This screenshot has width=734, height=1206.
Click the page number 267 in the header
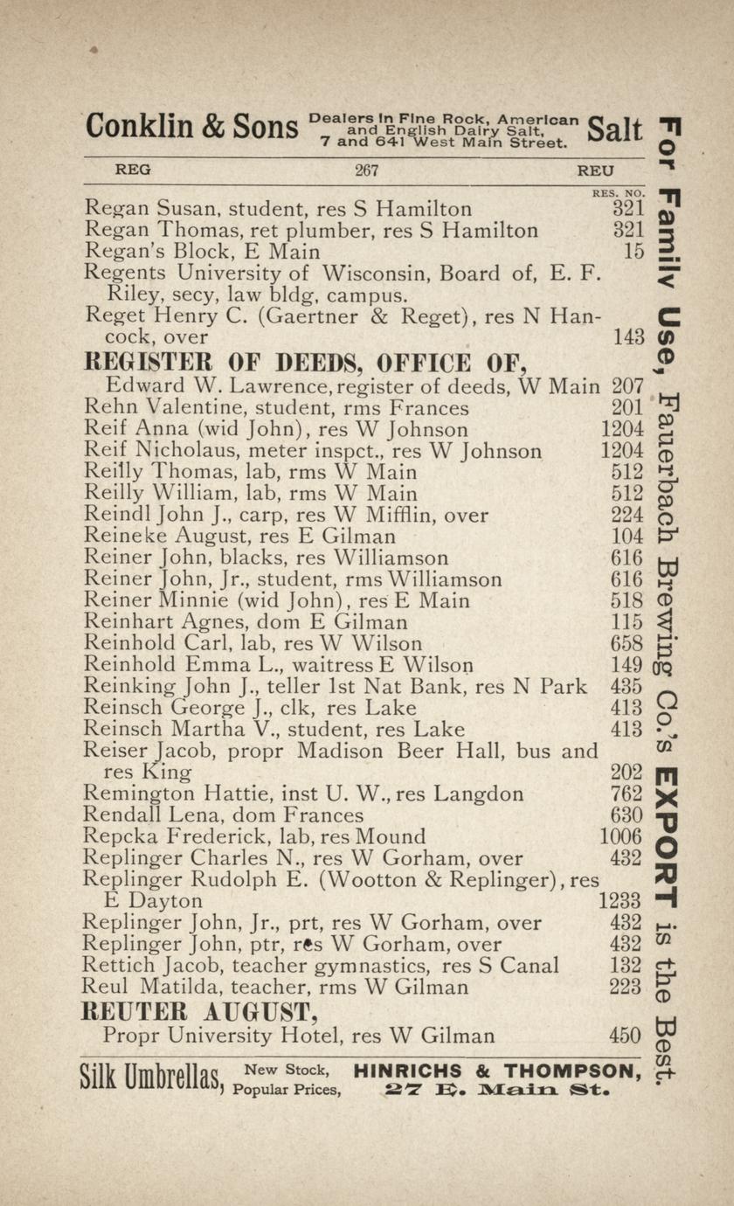click(366, 171)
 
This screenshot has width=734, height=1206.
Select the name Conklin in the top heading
click(140, 128)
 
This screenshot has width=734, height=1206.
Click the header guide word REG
click(133, 171)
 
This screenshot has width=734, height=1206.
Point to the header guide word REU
click(595, 171)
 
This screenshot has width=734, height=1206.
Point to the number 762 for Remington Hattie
click(627, 794)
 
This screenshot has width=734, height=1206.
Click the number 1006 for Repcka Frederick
click(621, 837)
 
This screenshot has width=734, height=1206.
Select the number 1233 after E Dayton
click(621, 901)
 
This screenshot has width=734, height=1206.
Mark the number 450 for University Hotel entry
click(626, 1036)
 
